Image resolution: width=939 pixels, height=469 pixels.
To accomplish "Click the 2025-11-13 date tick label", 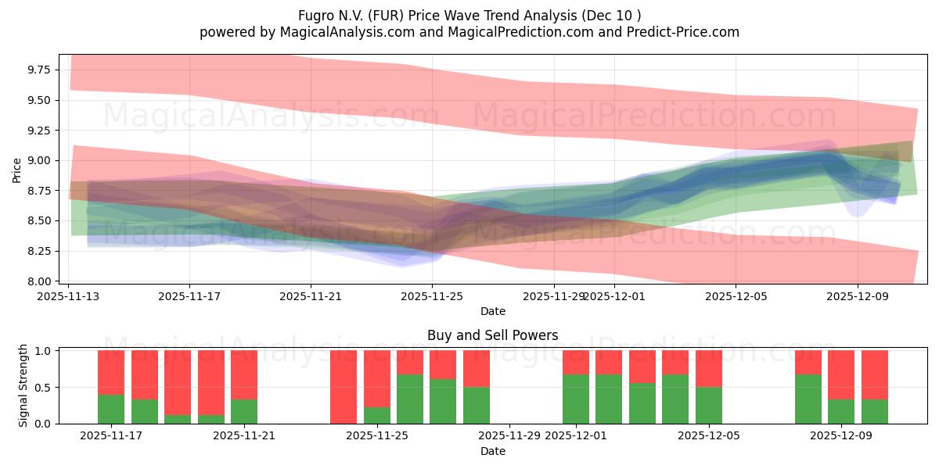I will pyautogui.click(x=68, y=296).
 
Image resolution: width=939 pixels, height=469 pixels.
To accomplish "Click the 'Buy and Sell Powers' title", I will pyautogui.click(x=492, y=335).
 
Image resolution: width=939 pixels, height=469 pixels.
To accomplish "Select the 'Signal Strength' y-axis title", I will pyautogui.click(x=23, y=385).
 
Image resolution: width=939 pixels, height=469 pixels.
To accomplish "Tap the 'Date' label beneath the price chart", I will pyautogui.click(x=492, y=311).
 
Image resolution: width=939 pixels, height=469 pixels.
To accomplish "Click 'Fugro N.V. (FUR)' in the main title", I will pyautogui.click(x=348, y=16).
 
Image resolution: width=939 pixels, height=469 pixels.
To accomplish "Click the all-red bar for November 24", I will pyautogui.click(x=344, y=387).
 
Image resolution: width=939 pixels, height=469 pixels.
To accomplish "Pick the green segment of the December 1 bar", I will pyautogui.click(x=576, y=399).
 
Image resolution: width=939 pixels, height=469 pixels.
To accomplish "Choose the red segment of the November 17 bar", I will pyautogui.click(x=111, y=372).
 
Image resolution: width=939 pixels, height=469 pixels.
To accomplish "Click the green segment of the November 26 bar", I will pyautogui.click(x=410, y=399).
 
